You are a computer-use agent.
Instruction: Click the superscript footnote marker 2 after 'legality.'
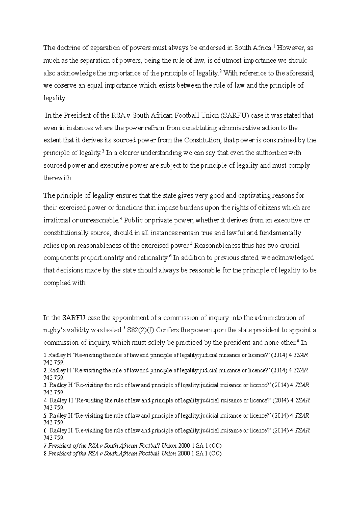tap(220, 71)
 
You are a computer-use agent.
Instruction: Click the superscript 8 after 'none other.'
tap(298, 341)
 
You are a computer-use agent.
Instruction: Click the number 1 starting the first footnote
tap(45, 355)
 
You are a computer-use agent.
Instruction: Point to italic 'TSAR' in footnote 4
tap(302, 400)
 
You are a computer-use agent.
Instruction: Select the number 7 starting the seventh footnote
tap(45, 445)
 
